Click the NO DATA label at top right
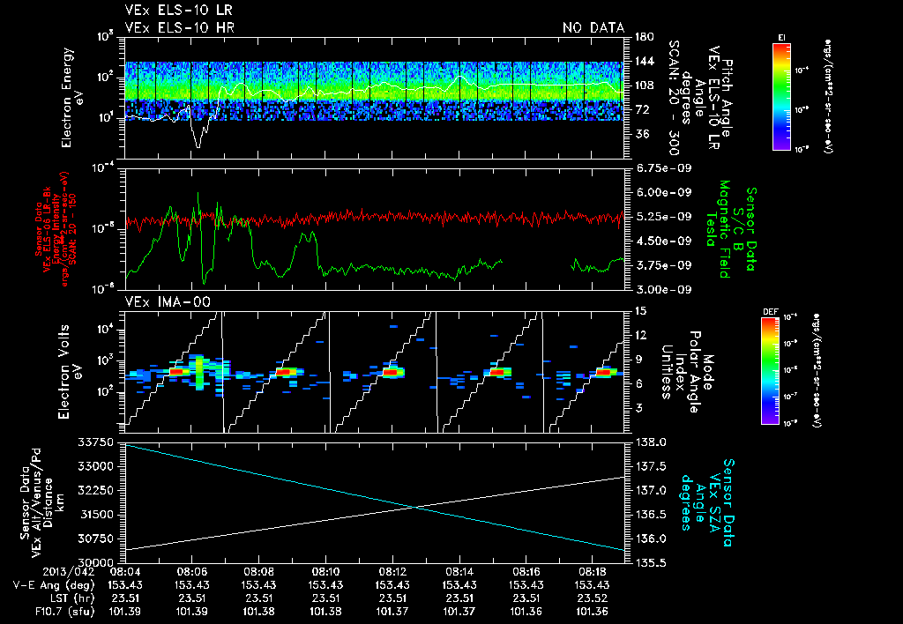click(x=593, y=27)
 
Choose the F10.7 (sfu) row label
click(x=42, y=611)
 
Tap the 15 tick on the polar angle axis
click(x=640, y=311)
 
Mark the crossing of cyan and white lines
click(x=414, y=506)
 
